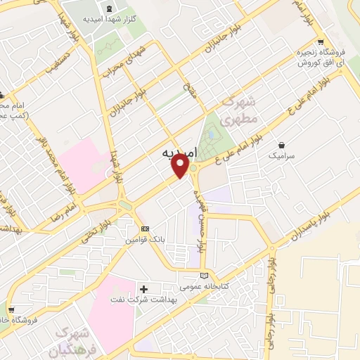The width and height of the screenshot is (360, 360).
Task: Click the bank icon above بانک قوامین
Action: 145,229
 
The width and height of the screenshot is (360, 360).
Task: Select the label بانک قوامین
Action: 145,240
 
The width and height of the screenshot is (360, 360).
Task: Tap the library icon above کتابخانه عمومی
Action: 205,276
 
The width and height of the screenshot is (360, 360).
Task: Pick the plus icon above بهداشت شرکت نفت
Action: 144,288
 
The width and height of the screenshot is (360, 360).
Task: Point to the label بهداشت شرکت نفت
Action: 142,300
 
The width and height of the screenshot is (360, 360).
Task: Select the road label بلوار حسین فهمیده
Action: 201,217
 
